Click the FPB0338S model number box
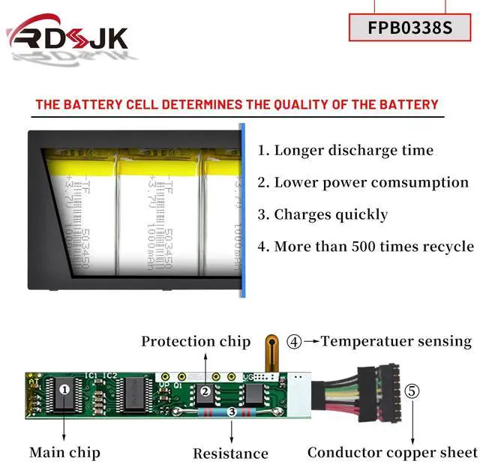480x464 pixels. (410, 28)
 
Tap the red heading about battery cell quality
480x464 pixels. (236, 104)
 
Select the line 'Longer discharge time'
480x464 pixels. (346, 150)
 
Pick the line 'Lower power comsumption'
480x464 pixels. (363, 182)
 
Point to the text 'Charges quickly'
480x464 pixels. (322, 214)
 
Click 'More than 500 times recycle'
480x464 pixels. (366, 247)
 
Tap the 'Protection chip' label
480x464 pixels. (196, 341)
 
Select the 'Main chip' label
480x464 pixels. (64, 452)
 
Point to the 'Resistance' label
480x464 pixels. (230, 454)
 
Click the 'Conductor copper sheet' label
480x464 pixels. (392, 452)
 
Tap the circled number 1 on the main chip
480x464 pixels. (64, 390)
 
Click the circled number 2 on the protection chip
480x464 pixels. (204, 391)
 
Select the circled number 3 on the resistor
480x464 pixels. (232, 412)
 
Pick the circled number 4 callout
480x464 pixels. (295, 342)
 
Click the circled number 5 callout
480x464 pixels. (412, 391)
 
